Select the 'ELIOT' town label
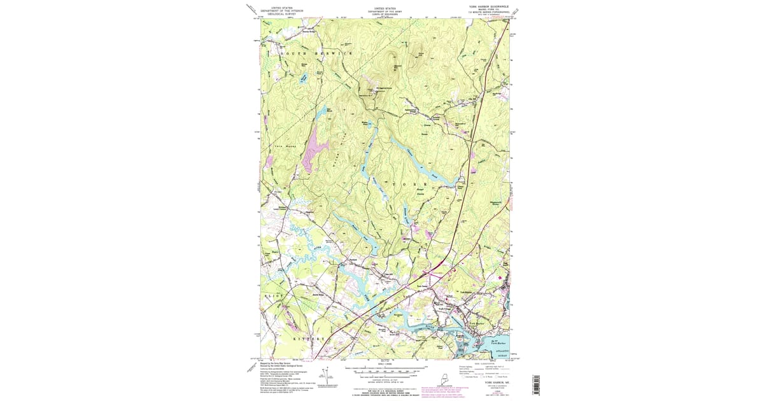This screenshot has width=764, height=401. (271, 297)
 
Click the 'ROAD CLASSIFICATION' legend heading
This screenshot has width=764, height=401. (482, 363)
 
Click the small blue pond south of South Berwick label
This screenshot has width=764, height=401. (304, 78)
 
